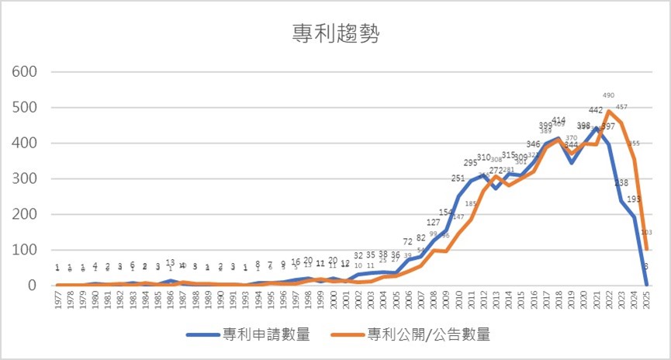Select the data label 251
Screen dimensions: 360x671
[458, 178]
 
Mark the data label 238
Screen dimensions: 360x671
[622, 183]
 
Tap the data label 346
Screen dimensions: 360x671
[533, 144]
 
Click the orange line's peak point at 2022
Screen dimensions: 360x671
[610, 112]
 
